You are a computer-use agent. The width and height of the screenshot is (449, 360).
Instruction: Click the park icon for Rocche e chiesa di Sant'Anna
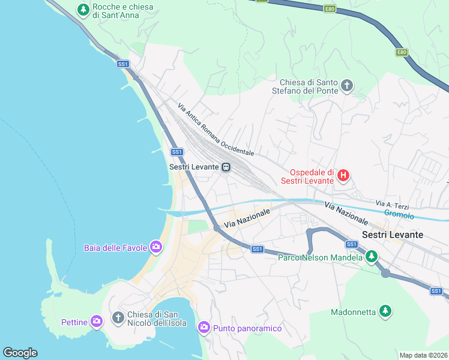(83, 10)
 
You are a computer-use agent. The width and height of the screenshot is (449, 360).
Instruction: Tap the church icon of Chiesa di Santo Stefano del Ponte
(346, 86)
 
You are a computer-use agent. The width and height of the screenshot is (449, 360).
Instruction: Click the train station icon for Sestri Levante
(226, 167)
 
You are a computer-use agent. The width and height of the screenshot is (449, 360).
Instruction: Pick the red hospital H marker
(343, 176)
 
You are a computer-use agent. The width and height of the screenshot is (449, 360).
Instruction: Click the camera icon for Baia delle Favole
(156, 247)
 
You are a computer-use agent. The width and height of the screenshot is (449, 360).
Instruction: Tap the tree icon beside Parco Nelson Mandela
(372, 257)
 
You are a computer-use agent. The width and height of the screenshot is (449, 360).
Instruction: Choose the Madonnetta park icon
(386, 311)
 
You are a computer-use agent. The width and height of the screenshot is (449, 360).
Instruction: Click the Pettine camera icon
(96, 322)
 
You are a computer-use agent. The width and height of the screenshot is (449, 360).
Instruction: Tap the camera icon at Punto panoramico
(203, 328)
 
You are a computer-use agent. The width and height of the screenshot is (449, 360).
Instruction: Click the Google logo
(20, 353)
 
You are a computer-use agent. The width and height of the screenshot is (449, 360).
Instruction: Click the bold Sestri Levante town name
(393, 235)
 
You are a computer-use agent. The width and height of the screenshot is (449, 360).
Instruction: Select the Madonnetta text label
(353, 312)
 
